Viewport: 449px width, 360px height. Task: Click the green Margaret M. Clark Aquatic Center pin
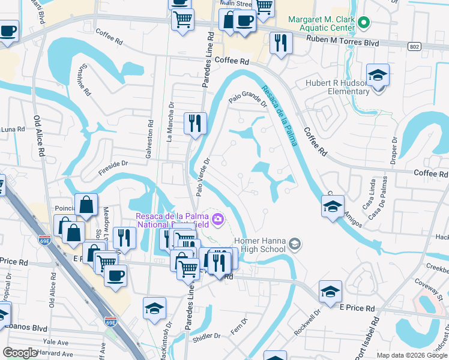pyautogui.click(x=363, y=23)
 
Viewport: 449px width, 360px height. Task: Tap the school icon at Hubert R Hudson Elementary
pyautogui.click(x=378, y=76)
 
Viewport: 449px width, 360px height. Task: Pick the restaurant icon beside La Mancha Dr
pyautogui.click(x=194, y=124)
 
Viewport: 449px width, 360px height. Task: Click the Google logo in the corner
pyautogui.click(x=21, y=353)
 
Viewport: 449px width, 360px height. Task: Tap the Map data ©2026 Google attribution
pyautogui.click(x=412, y=355)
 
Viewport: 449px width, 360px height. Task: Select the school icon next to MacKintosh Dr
pyautogui.click(x=154, y=308)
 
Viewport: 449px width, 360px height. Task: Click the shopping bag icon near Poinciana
pyautogui.click(x=86, y=205)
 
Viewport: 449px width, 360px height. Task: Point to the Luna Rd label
pyautogui.click(x=13, y=129)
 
